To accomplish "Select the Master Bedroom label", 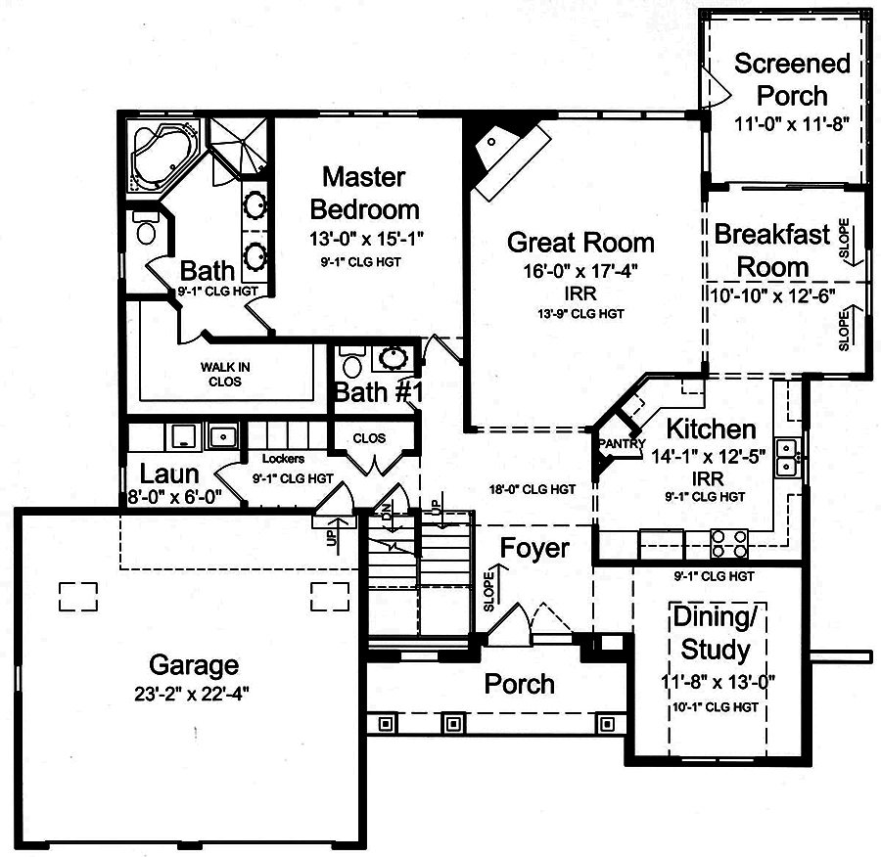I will [x=363, y=193].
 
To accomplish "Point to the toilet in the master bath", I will [x=147, y=229].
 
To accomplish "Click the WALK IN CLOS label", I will [x=225, y=374].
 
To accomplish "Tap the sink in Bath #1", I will [x=395, y=358].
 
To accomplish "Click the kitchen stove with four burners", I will [x=728, y=541].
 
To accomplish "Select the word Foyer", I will [x=533, y=548].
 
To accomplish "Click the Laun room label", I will [x=169, y=474].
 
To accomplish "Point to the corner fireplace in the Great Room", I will [x=500, y=155].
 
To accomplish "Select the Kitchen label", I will [x=711, y=428].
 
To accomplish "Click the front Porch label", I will [x=520, y=684].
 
